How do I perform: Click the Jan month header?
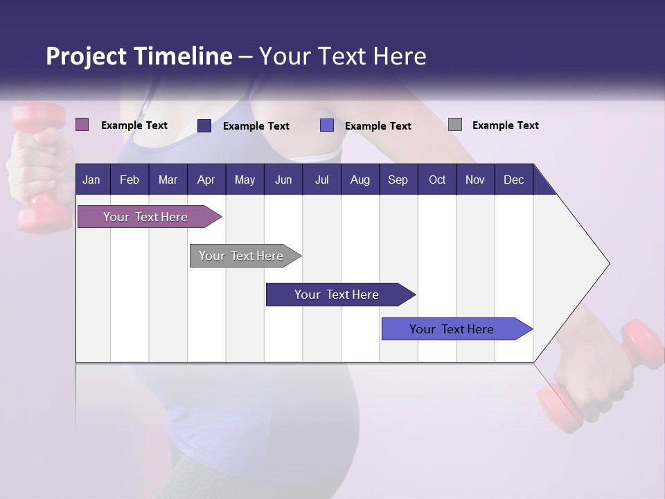click(91, 180)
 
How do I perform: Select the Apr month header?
click(206, 180)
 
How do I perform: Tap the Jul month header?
click(321, 180)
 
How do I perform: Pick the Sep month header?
click(398, 180)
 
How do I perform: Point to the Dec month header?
click(513, 180)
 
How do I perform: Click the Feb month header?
click(130, 180)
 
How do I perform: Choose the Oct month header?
click(437, 180)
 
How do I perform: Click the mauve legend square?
click(82, 125)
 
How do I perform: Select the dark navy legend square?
click(204, 125)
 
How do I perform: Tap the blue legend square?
click(327, 125)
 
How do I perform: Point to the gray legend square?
click(455, 125)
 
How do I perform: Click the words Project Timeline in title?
click(139, 56)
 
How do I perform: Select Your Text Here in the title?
click(343, 56)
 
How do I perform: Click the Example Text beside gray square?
click(505, 125)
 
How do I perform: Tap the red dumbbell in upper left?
click(39, 166)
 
